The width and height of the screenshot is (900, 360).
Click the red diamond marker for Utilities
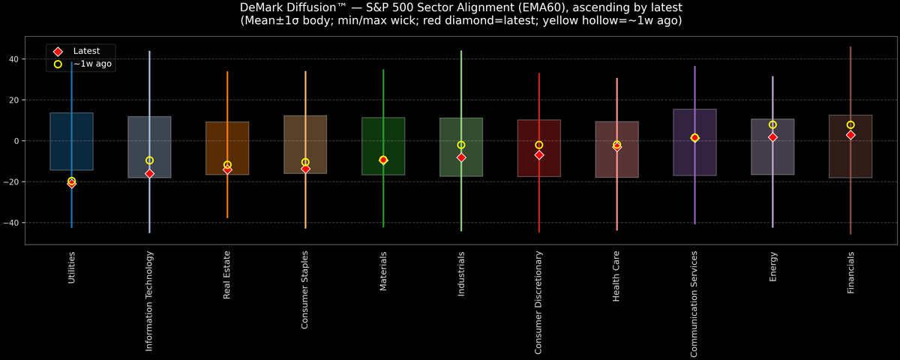coord(71,183)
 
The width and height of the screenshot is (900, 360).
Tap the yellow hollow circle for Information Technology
coord(149,160)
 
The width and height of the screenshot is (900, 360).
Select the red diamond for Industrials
coord(461,157)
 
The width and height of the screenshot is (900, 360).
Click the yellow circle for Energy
coord(772,124)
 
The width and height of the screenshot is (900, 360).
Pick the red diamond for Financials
coord(850,135)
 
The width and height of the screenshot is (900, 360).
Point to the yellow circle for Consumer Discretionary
coord(539,145)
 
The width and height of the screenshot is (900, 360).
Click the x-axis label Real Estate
coord(227,275)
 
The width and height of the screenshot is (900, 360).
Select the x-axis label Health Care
coord(616,276)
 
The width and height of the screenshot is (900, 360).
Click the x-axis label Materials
coord(383,272)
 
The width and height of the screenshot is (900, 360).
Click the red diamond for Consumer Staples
coord(305,169)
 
